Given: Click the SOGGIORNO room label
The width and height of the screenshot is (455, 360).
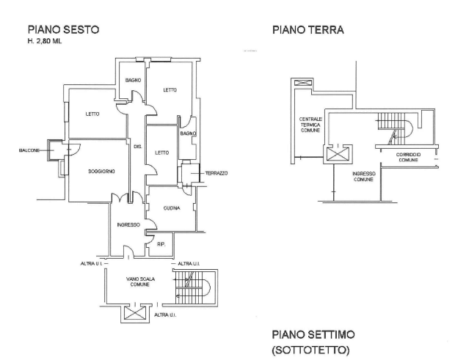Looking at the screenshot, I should pyautogui.click(x=101, y=171).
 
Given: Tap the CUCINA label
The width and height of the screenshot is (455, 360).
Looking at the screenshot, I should pyautogui.click(x=173, y=209).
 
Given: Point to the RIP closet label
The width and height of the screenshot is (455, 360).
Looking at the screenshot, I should pyautogui.click(x=161, y=242).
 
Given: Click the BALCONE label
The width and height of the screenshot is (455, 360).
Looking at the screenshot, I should pyautogui.click(x=29, y=150).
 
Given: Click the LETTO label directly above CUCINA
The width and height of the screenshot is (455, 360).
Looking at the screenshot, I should pyautogui.click(x=162, y=152).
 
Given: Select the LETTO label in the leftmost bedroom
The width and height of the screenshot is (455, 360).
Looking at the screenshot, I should pyautogui.click(x=92, y=114).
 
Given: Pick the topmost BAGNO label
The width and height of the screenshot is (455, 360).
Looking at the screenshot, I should pyautogui.click(x=132, y=79).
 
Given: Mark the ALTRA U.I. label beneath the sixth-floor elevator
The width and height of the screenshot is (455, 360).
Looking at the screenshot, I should pyautogui.click(x=165, y=315).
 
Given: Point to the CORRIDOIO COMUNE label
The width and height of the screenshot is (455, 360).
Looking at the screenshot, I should pyautogui.click(x=407, y=158).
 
